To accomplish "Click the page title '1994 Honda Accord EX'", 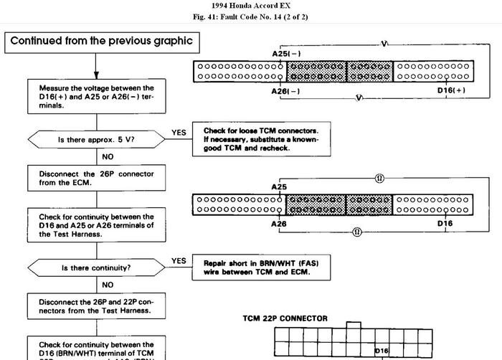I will point(251,6).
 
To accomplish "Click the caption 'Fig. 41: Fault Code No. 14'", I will point(251,17).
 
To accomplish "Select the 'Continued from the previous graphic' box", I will point(101,41).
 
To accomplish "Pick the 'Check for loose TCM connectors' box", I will point(261,138).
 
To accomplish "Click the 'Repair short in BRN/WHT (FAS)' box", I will point(261,267).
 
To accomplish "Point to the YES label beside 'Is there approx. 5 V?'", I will point(179,133).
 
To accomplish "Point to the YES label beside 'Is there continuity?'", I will point(179,260).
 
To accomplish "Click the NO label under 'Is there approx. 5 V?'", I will point(108,156).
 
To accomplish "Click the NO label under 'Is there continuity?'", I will point(108,283).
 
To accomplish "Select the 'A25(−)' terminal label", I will point(286,53).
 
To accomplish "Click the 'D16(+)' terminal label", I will point(451,90).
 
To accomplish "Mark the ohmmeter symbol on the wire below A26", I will point(356,232).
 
